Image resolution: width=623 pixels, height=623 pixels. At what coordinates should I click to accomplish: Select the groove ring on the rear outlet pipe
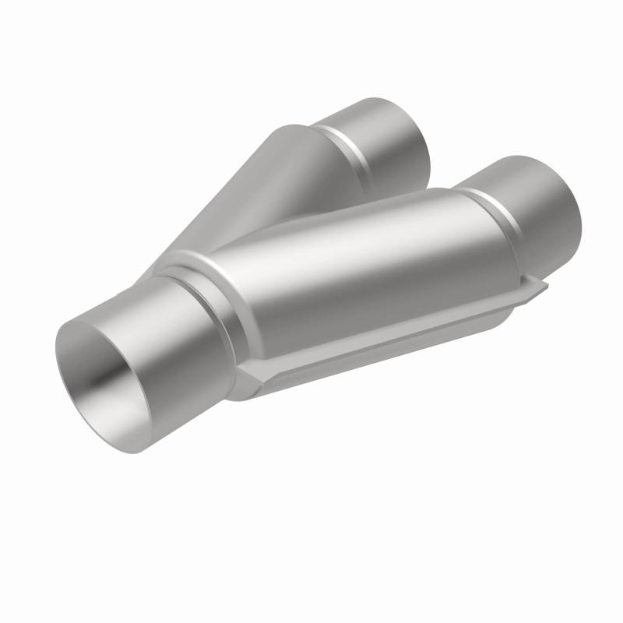point(343,144)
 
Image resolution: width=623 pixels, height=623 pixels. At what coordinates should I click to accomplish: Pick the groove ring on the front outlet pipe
point(483,210)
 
